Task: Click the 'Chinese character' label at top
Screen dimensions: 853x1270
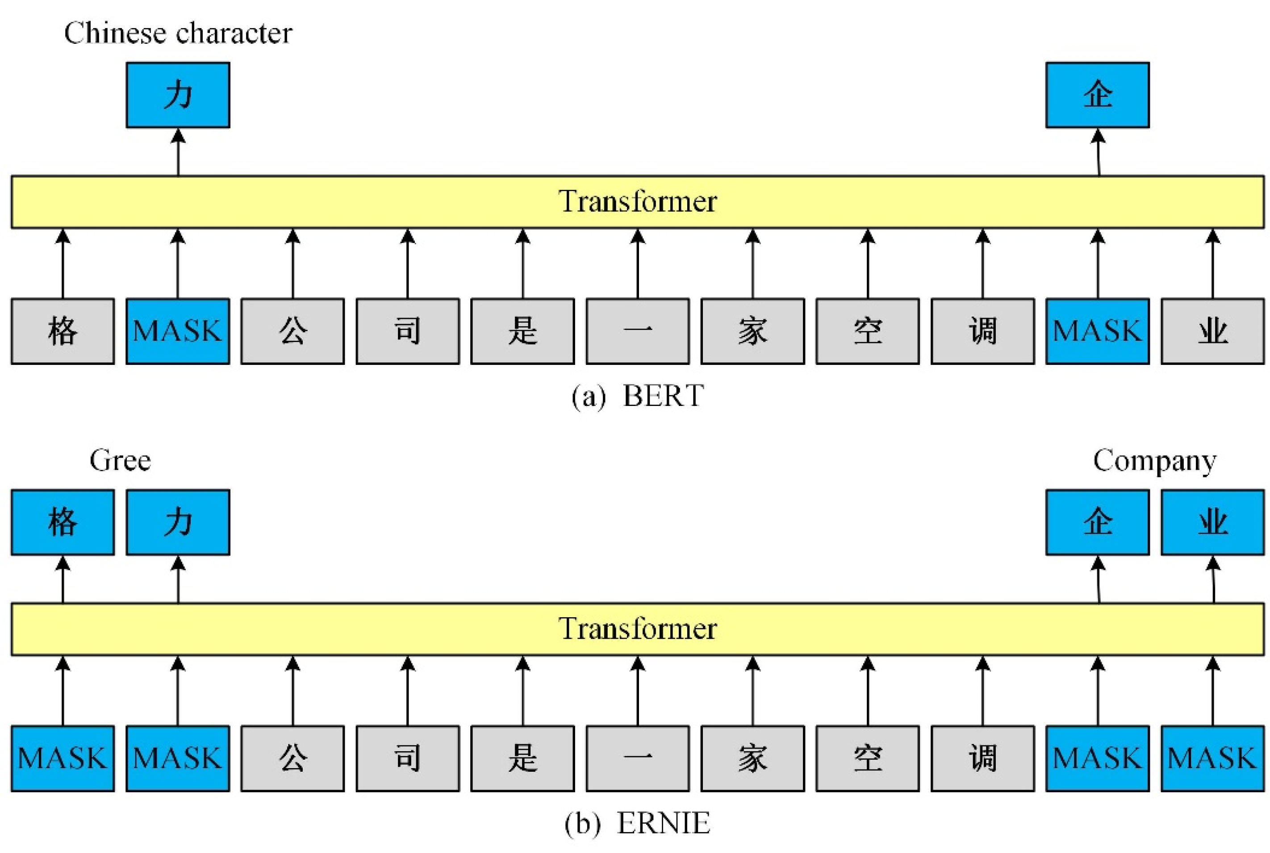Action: point(178,33)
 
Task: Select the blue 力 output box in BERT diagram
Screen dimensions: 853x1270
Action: point(178,95)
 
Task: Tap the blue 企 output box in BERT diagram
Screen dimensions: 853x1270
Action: point(1097,95)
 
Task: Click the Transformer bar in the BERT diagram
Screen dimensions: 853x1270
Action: point(637,202)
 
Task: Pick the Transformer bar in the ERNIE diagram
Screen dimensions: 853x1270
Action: point(637,629)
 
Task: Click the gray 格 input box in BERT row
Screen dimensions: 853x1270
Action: point(63,331)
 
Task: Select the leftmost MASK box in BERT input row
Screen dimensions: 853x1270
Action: point(178,331)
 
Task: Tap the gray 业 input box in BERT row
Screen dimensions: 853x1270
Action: point(1212,331)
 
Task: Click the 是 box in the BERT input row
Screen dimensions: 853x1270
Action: point(522,331)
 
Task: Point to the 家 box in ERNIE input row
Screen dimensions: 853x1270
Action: point(752,758)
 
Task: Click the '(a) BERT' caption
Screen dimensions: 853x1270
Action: point(637,396)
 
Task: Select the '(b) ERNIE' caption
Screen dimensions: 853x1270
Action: point(637,823)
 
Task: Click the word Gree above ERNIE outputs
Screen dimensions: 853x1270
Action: point(120,461)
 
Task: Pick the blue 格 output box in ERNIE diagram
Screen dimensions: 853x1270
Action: point(63,522)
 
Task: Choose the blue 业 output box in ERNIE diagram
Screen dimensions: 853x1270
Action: point(1212,522)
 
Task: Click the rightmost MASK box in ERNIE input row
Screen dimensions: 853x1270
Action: point(1212,758)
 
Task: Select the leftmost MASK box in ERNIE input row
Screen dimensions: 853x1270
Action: point(63,758)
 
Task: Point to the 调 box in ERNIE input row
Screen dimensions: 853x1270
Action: point(982,758)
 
